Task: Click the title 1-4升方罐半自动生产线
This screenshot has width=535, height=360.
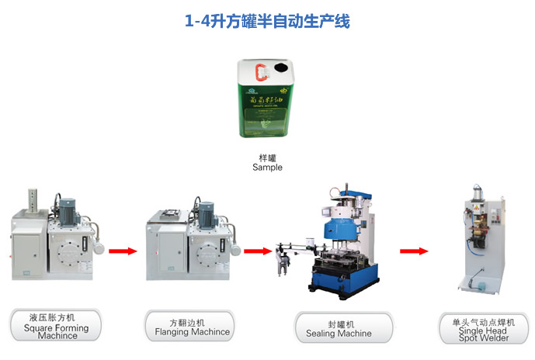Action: [267, 22]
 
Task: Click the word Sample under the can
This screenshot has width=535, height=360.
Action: [267, 167]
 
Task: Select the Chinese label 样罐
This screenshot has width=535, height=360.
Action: [267, 157]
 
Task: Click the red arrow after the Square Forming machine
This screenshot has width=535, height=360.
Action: [122, 251]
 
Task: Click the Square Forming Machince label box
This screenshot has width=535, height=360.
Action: [56, 327]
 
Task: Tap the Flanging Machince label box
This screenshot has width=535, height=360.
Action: [190, 327]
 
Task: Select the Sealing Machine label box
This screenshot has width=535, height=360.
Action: [339, 327]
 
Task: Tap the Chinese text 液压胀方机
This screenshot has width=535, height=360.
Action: [56, 317]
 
